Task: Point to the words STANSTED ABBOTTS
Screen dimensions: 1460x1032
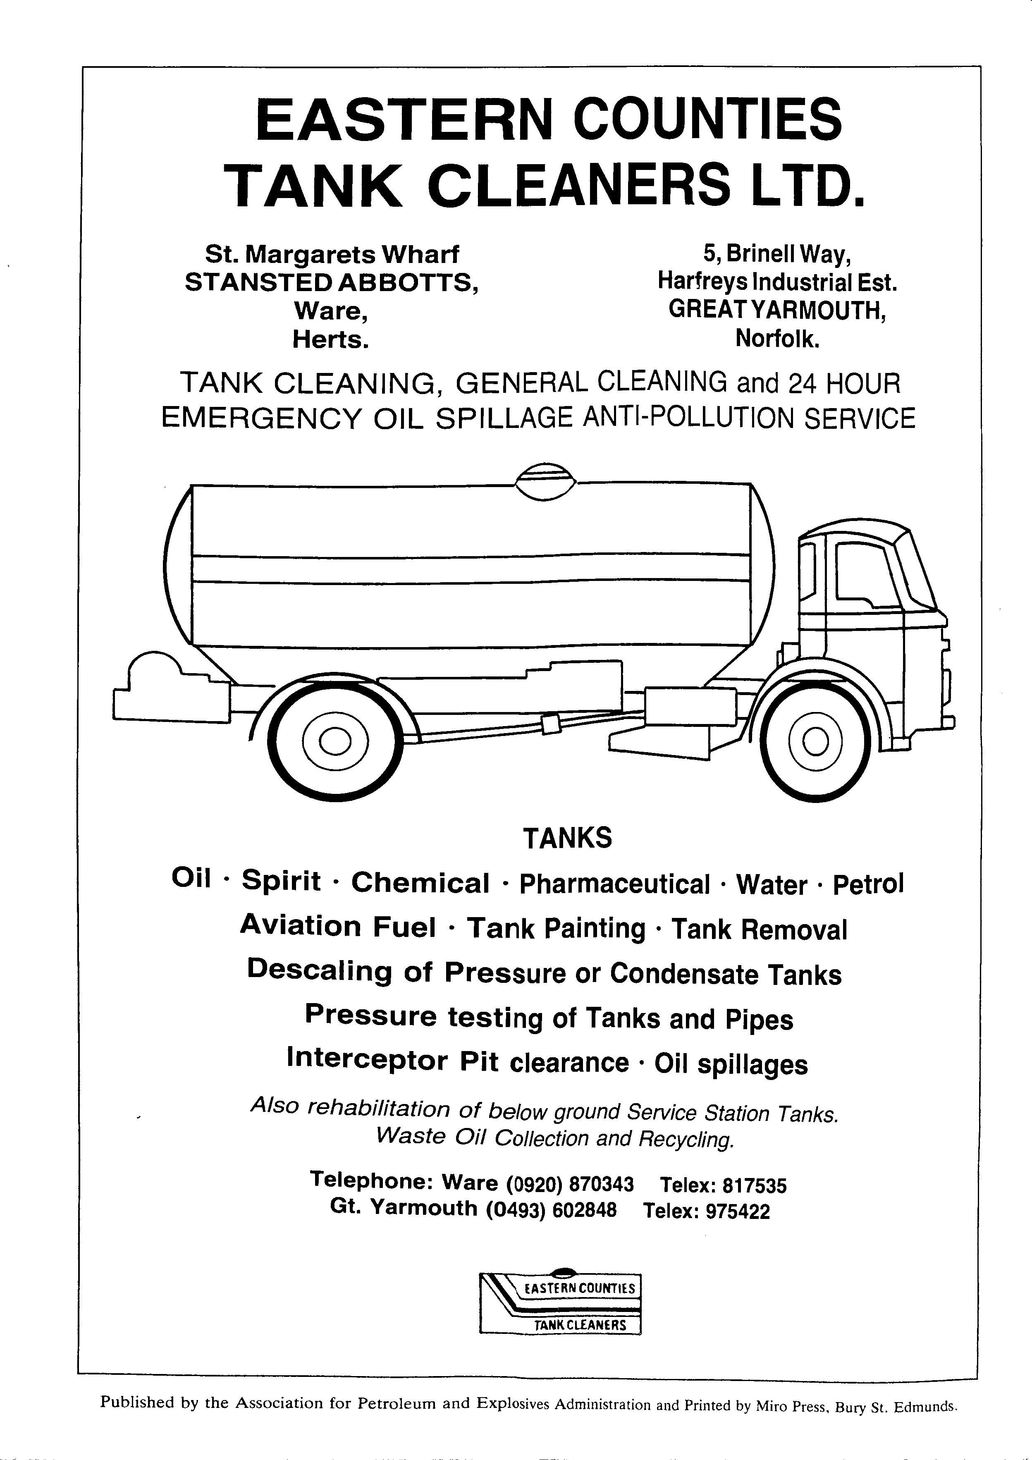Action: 331,282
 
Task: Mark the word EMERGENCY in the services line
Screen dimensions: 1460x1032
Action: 261,418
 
